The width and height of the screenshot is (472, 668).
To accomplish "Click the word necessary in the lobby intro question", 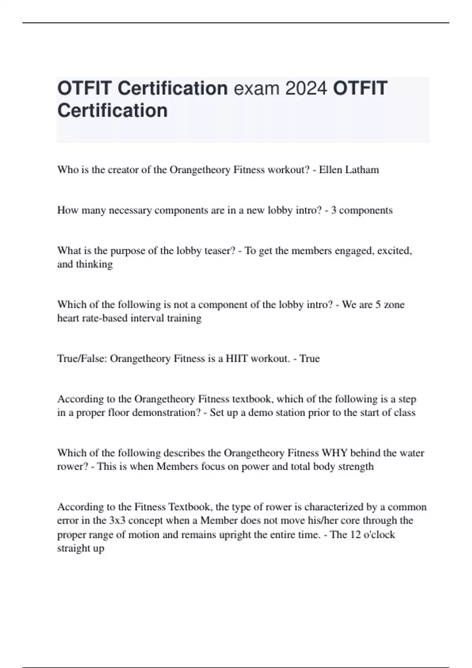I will [130, 210].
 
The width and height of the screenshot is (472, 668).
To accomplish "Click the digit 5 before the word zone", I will [378, 305].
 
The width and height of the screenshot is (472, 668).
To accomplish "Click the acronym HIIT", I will [237, 358].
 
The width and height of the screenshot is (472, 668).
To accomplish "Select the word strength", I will [356, 466].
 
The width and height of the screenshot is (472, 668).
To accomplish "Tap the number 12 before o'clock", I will [355, 535].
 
